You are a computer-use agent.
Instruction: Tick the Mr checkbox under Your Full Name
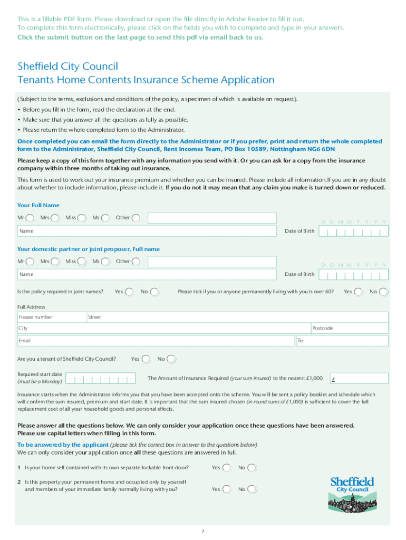click(x=31, y=218)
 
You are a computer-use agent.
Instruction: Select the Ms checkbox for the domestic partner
click(x=105, y=262)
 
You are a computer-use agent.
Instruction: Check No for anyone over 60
click(x=383, y=292)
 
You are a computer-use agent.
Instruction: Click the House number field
click(x=52, y=317)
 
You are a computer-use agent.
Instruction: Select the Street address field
click(x=237, y=317)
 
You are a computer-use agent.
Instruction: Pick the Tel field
click(x=343, y=341)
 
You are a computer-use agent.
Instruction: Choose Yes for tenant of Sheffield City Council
click(x=146, y=359)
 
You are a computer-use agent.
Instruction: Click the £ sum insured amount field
click(x=359, y=379)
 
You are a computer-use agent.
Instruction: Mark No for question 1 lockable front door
click(x=253, y=468)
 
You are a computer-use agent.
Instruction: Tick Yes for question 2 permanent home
click(x=226, y=489)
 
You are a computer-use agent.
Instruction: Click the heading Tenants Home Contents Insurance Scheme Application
click(x=146, y=80)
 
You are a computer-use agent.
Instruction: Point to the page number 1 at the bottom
click(x=202, y=531)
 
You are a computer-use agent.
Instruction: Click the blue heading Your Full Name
click(x=38, y=205)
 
